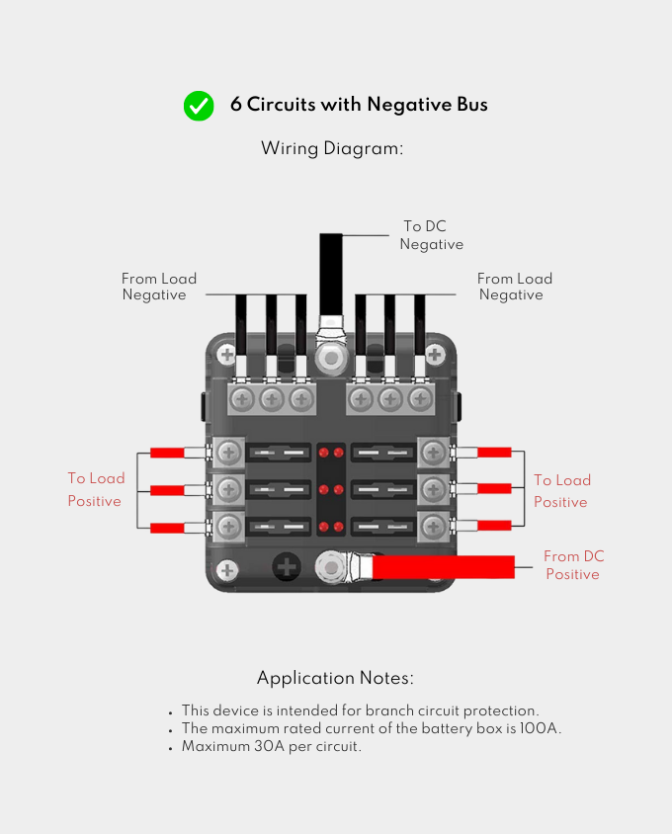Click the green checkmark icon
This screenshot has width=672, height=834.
[x=199, y=106]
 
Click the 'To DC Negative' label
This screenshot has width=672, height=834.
[x=431, y=235]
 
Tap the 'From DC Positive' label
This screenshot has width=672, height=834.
[x=573, y=565]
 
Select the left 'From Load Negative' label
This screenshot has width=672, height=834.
[x=158, y=287]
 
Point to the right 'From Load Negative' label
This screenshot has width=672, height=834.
[x=514, y=287]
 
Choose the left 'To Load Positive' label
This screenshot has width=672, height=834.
[x=96, y=489]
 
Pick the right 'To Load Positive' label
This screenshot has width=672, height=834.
[x=561, y=491]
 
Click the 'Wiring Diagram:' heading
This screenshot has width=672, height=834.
[x=333, y=149]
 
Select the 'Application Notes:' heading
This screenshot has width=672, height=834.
[x=335, y=679]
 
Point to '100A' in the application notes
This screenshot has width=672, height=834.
[x=541, y=729]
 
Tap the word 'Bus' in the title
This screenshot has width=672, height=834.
[x=472, y=105]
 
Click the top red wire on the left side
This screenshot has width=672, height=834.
[x=167, y=454]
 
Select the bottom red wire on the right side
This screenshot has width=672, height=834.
[x=494, y=525]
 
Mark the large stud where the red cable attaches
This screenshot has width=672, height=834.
[x=329, y=567]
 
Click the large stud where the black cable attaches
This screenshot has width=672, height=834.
[x=329, y=356]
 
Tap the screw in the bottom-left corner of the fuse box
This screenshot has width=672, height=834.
[x=228, y=570]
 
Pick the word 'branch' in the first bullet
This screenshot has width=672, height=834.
[x=389, y=711]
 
